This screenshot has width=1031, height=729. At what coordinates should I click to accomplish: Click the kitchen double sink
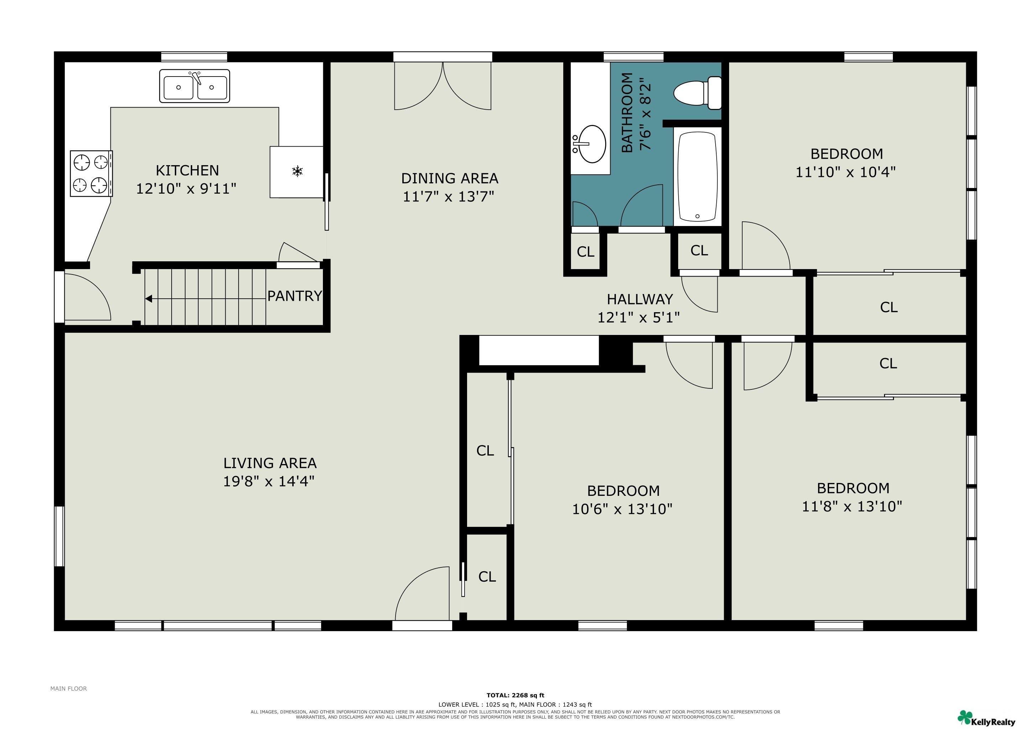tap(194, 86)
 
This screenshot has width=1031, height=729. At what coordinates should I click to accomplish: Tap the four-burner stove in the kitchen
tap(91, 173)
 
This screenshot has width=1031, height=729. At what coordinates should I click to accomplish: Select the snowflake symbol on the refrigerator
tap(297, 171)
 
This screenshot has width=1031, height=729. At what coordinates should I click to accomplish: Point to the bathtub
tap(697, 177)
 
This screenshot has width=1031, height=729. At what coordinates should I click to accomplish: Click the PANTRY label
tap(294, 296)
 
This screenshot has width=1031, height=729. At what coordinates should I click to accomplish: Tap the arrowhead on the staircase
tap(148, 299)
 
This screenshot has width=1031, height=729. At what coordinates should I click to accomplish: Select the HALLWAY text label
tap(640, 299)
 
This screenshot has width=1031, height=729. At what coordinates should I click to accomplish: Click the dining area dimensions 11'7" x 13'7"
tap(448, 196)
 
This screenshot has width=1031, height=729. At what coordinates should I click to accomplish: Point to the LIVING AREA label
tap(270, 463)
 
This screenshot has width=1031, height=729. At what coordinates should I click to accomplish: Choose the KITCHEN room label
tap(187, 171)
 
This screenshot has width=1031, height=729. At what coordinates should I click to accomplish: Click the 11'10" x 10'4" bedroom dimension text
tap(846, 172)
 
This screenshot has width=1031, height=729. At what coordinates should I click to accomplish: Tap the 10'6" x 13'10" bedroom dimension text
tap(622, 509)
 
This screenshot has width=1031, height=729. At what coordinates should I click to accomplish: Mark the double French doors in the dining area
tap(443, 86)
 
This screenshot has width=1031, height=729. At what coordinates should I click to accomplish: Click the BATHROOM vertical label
tap(627, 113)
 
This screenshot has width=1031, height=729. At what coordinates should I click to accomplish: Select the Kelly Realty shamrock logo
tap(965, 717)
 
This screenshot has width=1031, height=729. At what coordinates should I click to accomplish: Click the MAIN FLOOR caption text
tap(69, 689)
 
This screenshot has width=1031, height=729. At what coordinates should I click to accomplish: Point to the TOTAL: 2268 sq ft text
tap(515, 695)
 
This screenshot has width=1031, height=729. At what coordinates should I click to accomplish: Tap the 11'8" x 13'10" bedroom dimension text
tap(852, 507)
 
